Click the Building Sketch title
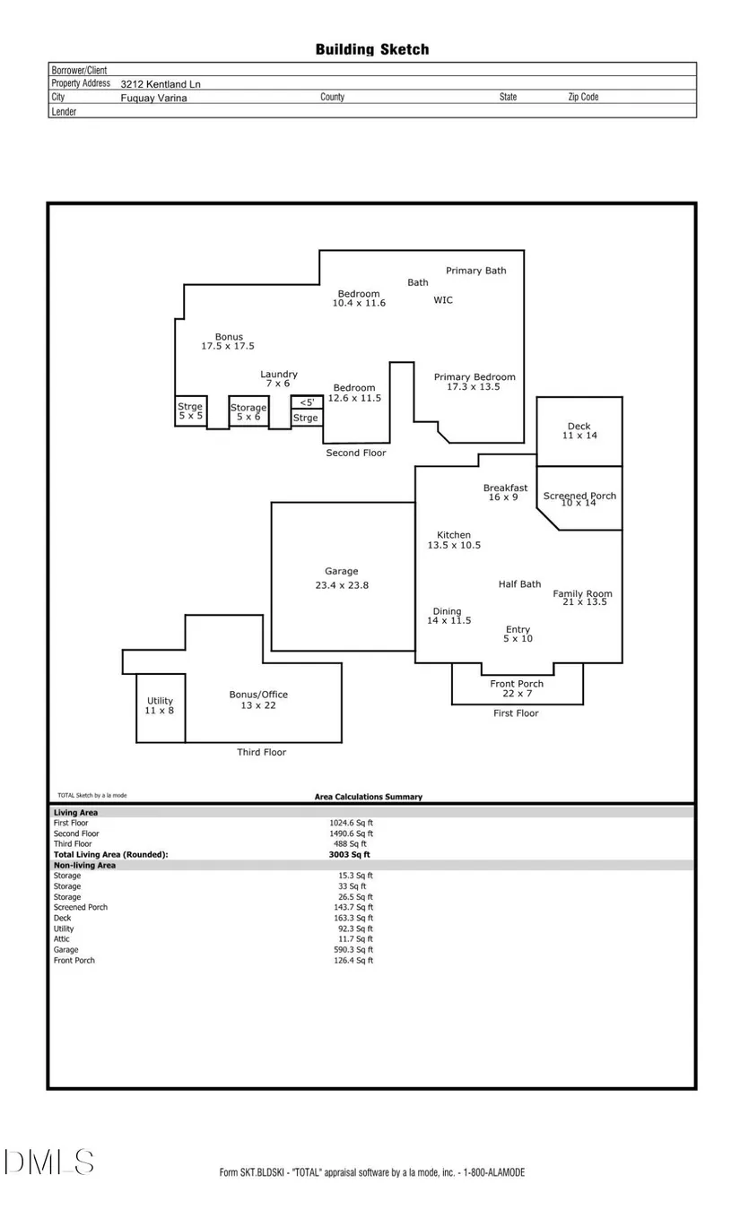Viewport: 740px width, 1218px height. (371, 49)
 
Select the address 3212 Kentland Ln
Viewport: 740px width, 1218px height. (161, 84)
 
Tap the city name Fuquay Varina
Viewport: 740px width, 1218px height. (153, 99)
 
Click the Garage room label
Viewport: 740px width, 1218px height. (341, 571)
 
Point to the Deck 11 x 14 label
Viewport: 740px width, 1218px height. (579, 431)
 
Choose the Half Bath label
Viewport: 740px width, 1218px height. (519, 584)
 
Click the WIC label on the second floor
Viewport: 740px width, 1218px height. (443, 300)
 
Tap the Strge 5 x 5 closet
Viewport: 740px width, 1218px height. (190, 411)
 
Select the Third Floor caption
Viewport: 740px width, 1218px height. (261, 752)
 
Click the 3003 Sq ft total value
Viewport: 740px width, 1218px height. (349, 855)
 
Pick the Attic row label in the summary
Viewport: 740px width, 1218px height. (61, 939)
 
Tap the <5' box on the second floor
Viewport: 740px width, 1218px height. (307, 402)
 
